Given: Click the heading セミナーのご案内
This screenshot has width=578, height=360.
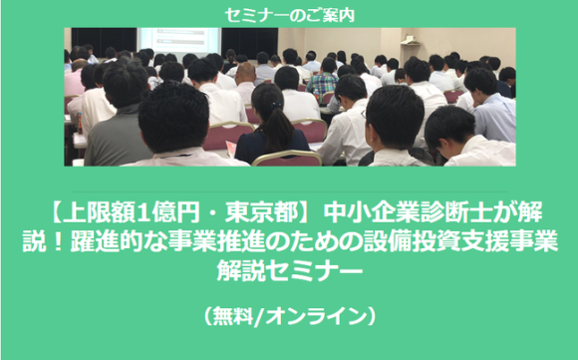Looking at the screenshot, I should [x=289, y=15].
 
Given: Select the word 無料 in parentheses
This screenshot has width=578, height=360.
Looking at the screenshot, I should [x=235, y=315].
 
